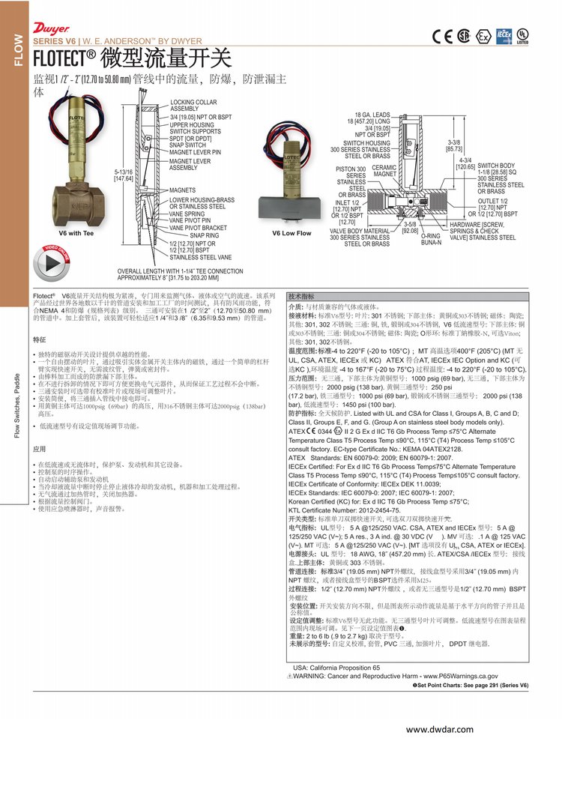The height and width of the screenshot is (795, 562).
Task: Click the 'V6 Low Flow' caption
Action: point(291,233)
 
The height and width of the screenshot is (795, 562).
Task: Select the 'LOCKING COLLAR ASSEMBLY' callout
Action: point(193,105)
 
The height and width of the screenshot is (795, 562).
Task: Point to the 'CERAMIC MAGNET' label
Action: point(384,171)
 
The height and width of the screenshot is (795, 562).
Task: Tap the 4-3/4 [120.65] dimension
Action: point(465,163)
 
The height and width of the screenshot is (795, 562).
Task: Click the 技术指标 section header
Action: point(302,296)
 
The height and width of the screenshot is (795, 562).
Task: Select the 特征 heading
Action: point(40,339)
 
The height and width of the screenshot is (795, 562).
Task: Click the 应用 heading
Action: point(40,449)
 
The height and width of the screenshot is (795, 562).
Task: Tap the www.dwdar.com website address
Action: point(440,729)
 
